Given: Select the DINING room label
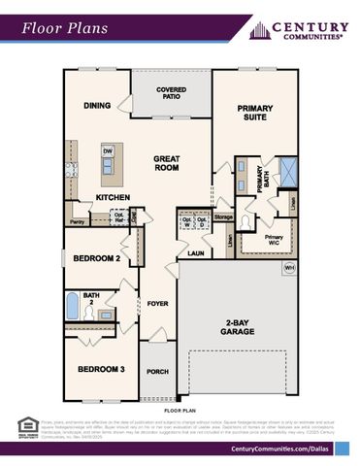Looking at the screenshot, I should (97, 106).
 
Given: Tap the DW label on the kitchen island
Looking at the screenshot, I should (109, 151).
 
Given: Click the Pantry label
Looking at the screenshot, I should (78, 221).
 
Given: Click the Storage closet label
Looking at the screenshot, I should (223, 216).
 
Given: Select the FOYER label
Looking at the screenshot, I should (157, 304).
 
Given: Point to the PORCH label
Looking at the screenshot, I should (157, 371).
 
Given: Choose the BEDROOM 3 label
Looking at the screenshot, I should (101, 369).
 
